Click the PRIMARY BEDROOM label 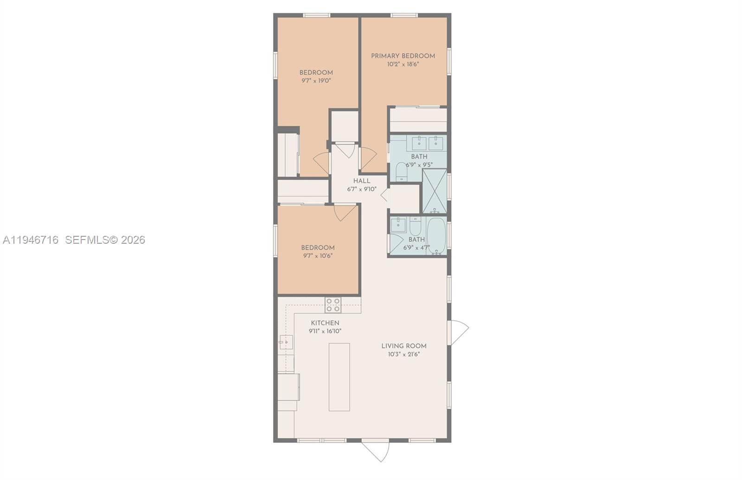tap(403, 56)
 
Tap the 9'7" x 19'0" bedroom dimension tap(316, 81)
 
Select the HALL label tap(362, 181)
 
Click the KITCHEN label tap(325, 323)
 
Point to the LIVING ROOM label tap(403, 346)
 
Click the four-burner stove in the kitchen tap(333, 305)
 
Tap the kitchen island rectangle tap(339, 377)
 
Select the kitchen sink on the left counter tap(285, 342)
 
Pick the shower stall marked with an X tap(435, 191)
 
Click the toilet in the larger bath tap(401, 172)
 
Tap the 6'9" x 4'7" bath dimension tap(416, 248)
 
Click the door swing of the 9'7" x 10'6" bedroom tap(344, 212)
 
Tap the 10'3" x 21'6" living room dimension tap(403, 354)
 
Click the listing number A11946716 tap(31, 240)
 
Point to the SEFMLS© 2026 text tap(105, 240)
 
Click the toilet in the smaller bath tap(415, 226)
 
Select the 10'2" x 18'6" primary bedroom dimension tap(403, 64)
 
